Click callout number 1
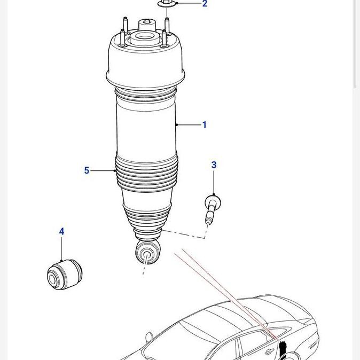click(204, 125)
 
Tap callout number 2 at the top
click(205, 4)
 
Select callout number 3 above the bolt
click(214, 165)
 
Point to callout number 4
click(61, 231)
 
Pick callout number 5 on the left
click(87, 170)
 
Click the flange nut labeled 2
click(165, 4)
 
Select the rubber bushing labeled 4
click(64, 273)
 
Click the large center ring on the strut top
click(143, 38)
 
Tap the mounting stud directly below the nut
click(167, 25)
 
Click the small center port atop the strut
click(146, 24)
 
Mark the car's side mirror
click(150, 337)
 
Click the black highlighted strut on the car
click(283, 349)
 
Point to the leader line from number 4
click(61, 248)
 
